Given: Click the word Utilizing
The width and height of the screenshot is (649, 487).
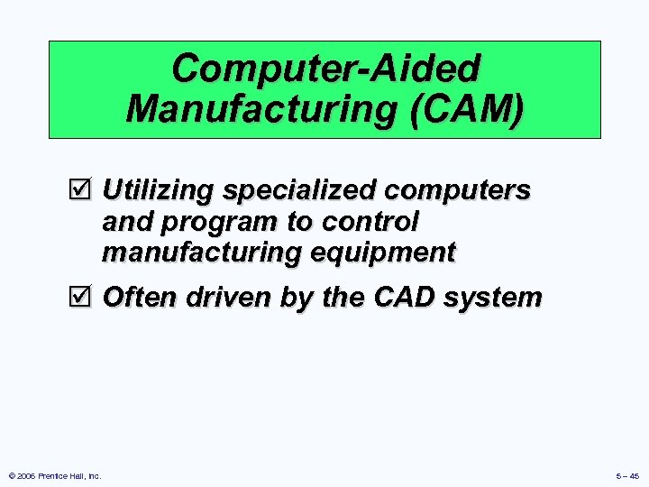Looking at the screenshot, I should click(x=159, y=191).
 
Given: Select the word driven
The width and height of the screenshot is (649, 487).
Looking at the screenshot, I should click(x=219, y=296).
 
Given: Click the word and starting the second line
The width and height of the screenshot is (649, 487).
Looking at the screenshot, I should click(x=126, y=222).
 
